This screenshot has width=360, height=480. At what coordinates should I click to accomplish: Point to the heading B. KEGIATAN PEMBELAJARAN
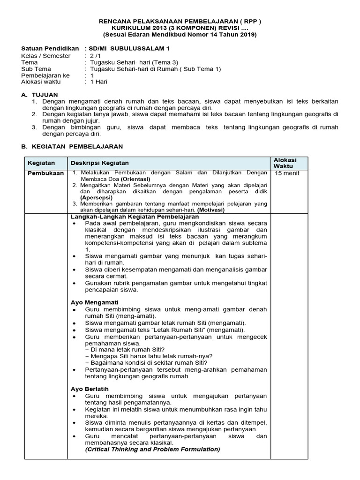[72, 146]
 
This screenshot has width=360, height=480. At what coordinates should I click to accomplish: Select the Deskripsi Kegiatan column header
[99, 163]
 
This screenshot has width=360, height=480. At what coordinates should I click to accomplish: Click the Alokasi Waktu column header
[285, 163]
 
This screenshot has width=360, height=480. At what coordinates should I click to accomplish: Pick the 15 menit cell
[287, 173]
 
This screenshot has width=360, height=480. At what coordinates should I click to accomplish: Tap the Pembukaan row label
[45, 173]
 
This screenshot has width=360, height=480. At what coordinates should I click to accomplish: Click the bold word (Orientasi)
[135, 179]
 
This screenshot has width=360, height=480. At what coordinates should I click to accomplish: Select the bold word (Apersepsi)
[96, 198]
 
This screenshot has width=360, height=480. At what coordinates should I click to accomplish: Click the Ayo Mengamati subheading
[94, 302]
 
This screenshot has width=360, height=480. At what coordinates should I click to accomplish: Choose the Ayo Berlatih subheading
[90, 389]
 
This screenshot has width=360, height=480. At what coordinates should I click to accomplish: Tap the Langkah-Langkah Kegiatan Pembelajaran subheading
[135, 217]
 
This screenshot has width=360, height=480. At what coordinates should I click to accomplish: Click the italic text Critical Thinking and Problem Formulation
[152, 449]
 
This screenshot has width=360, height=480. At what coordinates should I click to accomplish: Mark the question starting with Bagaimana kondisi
[146, 362]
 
